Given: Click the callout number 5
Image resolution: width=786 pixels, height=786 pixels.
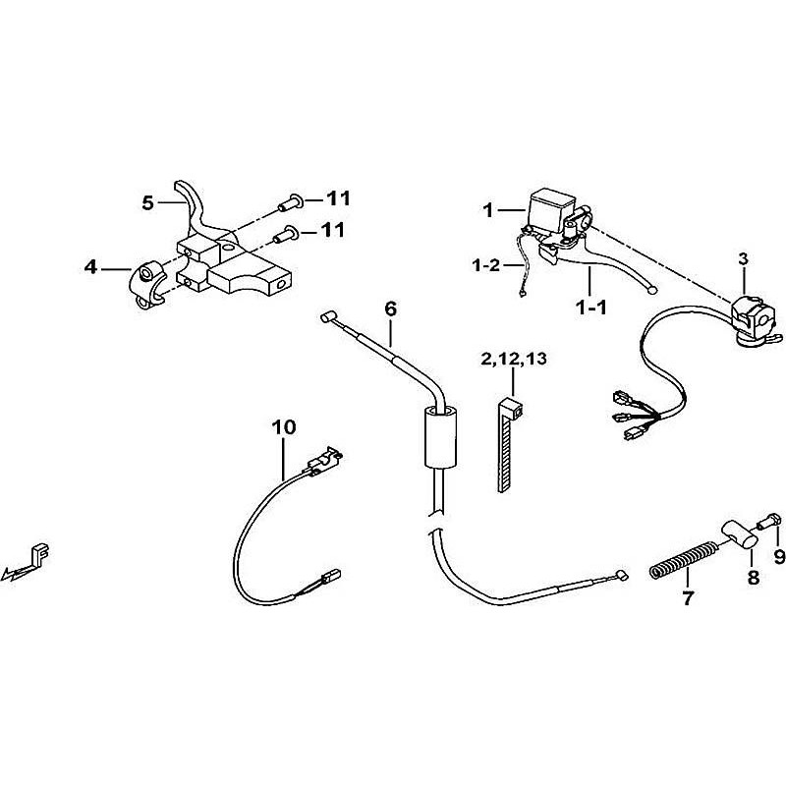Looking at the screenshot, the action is tap(147, 203).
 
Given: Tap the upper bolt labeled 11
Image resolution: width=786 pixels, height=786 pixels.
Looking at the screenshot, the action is tap(291, 203).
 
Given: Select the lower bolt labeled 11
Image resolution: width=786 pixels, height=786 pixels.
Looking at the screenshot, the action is tap(287, 234).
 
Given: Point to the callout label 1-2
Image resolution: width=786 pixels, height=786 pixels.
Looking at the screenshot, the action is tap(486, 264).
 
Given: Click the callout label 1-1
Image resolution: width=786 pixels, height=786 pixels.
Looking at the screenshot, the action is tap(591, 308).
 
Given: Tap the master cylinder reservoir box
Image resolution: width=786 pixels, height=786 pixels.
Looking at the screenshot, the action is tap(549, 209).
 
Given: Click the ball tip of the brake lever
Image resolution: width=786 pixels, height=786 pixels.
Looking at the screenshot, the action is tap(651, 290).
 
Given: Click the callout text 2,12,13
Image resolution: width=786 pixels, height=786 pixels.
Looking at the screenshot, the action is tap(514, 359).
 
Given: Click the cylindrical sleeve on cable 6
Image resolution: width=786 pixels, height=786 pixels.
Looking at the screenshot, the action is tap(441, 436).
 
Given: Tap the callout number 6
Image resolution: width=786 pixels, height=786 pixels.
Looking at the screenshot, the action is tap(390, 309).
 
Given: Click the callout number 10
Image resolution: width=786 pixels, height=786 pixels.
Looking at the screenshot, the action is tap(284, 427).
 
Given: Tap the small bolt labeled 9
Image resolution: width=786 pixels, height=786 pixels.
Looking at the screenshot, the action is tap(769, 522).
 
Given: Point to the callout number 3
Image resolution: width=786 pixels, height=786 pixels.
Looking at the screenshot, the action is tap(743, 259).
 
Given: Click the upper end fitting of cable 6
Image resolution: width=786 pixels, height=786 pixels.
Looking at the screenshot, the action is tap(328, 317).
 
